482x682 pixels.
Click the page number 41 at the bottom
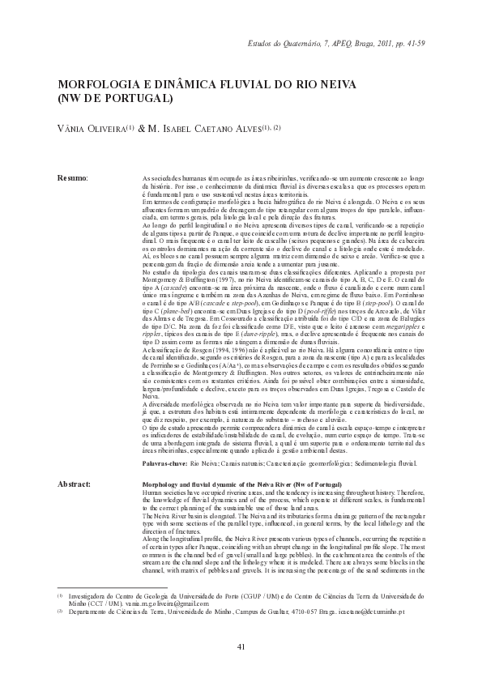(241, 646)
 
